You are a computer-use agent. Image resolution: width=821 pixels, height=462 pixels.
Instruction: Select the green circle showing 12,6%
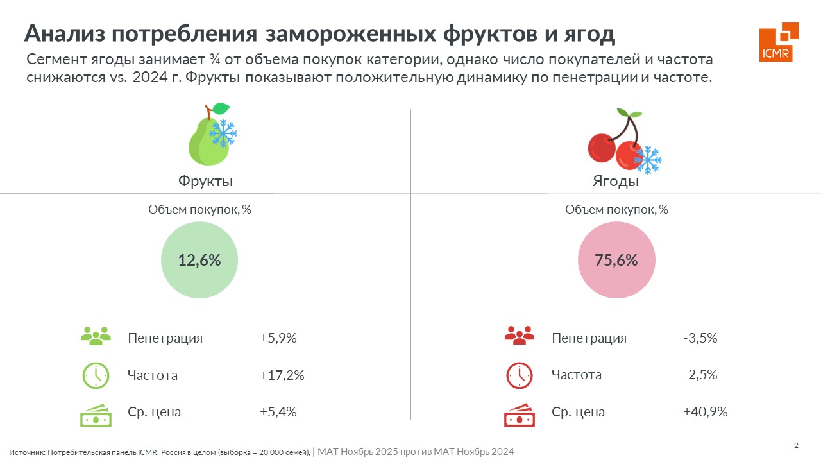(x=199, y=260)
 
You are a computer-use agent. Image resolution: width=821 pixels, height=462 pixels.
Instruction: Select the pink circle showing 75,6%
(x=616, y=260)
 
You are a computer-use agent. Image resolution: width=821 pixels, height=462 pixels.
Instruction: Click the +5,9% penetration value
(x=278, y=338)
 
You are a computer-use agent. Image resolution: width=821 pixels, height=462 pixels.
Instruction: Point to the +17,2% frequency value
(x=282, y=375)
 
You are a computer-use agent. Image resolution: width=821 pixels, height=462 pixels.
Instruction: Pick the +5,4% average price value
(x=278, y=412)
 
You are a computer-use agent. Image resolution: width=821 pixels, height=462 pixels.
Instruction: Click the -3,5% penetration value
(x=700, y=338)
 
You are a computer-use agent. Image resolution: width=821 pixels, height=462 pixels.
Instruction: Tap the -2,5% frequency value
(x=700, y=375)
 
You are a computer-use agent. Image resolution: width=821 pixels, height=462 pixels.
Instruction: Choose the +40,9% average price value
(x=705, y=412)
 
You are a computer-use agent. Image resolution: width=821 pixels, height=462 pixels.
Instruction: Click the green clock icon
(x=96, y=375)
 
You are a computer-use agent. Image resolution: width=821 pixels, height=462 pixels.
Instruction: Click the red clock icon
(x=519, y=375)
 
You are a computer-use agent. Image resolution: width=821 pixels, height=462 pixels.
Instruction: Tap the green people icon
(x=96, y=336)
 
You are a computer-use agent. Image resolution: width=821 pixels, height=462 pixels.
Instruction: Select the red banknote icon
(x=519, y=415)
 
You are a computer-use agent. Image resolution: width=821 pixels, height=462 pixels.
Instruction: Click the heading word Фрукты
(x=205, y=181)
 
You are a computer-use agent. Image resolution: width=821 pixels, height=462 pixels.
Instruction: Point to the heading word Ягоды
(x=615, y=181)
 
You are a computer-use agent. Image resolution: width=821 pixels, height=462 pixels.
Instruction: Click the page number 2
(x=796, y=446)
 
